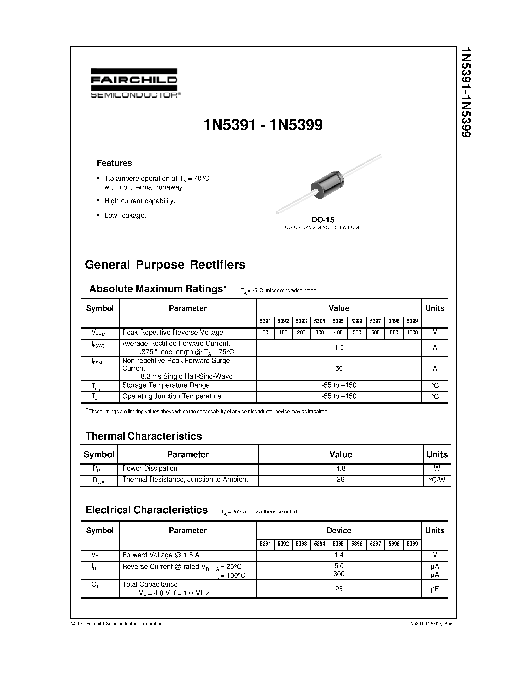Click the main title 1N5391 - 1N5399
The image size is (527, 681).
(263, 125)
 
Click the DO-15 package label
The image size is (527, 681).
(323, 219)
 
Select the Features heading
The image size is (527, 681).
(114, 163)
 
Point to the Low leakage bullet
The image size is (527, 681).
(125, 215)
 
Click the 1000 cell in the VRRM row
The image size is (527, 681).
(412, 332)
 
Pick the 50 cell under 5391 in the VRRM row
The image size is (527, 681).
(265, 332)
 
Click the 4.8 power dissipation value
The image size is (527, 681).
(340, 468)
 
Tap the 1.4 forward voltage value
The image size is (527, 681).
(339, 555)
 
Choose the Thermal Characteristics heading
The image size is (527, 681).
(144, 436)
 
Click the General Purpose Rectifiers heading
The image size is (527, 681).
(165, 265)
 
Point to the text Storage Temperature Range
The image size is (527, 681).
(166, 385)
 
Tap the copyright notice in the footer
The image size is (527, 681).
(117, 624)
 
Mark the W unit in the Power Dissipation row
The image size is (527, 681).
(437, 468)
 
